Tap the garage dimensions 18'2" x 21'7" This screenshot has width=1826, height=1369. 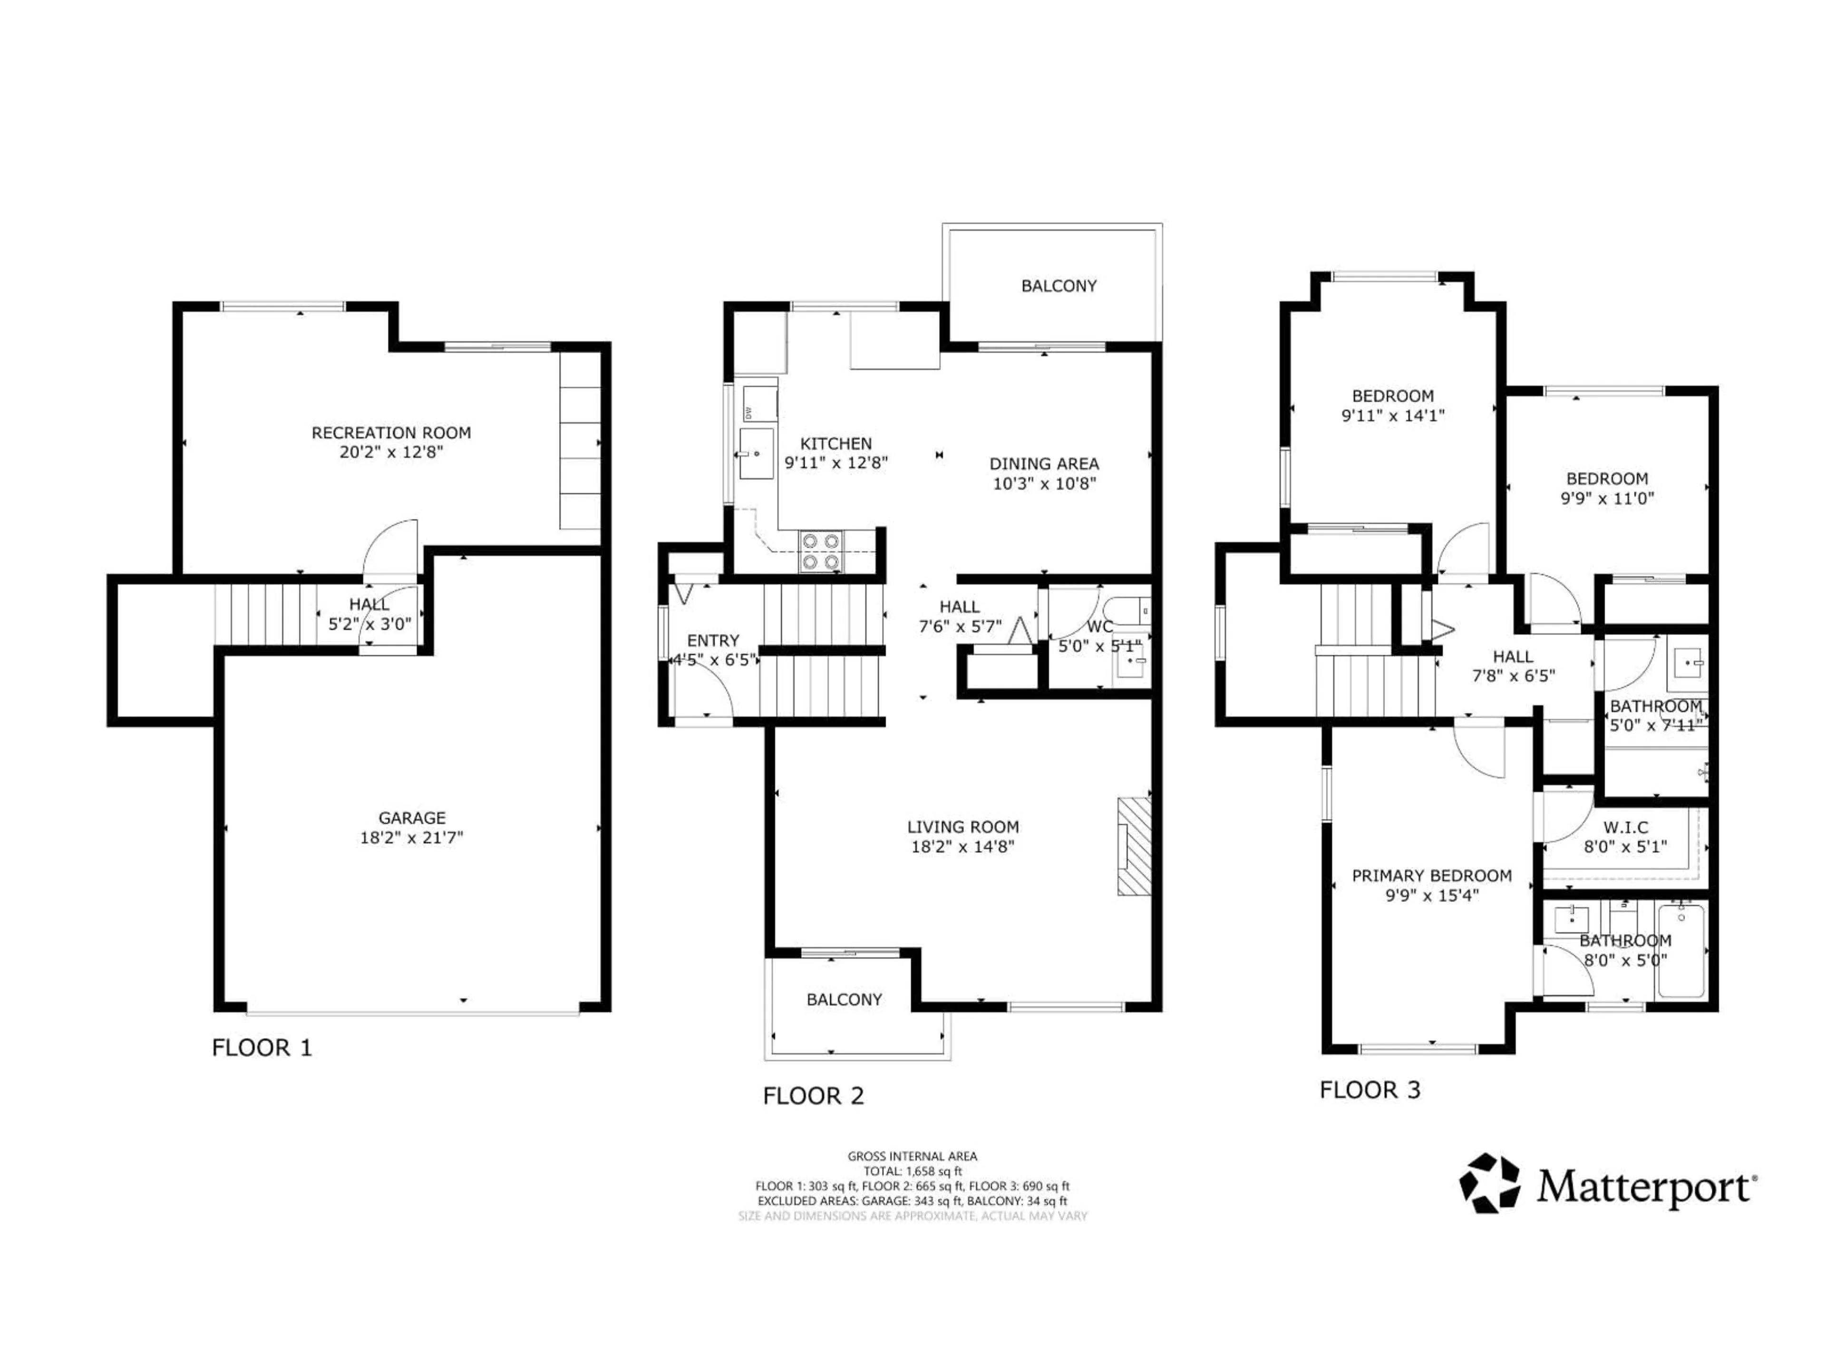411,838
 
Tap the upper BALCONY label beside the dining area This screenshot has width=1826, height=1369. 1059,286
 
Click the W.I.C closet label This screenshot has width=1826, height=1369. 1625,827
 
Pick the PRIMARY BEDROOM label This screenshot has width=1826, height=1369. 1431,876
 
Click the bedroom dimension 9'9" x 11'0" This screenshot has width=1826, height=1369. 1606,499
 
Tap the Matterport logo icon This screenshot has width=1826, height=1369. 1489,1183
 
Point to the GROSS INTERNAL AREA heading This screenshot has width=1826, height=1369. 912,1156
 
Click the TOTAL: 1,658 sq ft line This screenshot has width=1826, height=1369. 912,1171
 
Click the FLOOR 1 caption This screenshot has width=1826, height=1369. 262,1048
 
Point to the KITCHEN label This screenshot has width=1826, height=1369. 835,443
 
